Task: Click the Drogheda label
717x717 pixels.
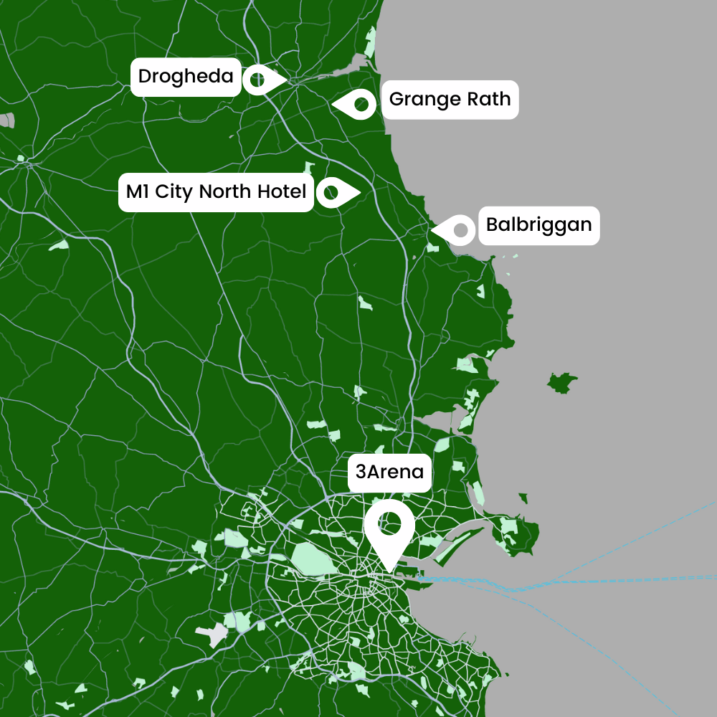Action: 186,77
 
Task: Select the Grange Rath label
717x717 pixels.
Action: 450,99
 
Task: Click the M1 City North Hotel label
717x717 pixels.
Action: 216,191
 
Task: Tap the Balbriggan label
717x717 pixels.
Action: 538,225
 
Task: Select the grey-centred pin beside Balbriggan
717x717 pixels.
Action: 457,229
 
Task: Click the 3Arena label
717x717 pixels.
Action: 390,473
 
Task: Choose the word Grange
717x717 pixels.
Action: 426,100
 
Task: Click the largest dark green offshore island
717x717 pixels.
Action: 562,382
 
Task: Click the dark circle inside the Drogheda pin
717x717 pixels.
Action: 256,79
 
